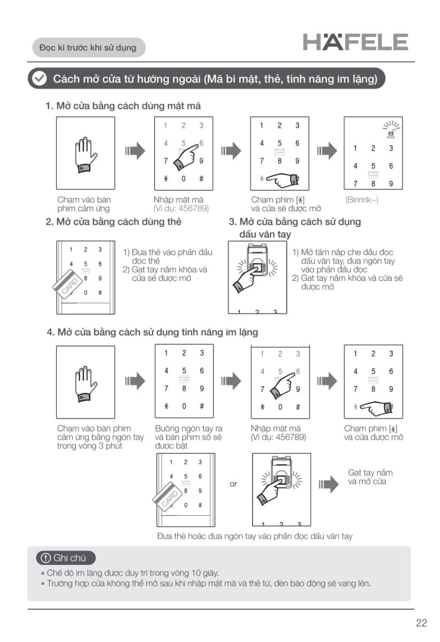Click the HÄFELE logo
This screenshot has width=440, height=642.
pyautogui.click(x=355, y=42)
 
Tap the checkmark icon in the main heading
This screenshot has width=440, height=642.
pyautogui.click(x=39, y=79)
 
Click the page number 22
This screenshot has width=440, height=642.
pyautogui.click(x=421, y=623)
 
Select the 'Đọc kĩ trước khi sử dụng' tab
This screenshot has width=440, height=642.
pyautogui.click(x=88, y=48)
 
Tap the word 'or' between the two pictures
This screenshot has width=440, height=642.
pyautogui.click(x=233, y=484)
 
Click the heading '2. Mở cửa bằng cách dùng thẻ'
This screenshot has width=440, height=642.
pyautogui.click(x=113, y=221)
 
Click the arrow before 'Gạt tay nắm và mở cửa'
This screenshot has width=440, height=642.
pyautogui.click(x=328, y=484)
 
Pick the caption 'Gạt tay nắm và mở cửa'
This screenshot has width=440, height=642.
pyautogui.click(x=370, y=477)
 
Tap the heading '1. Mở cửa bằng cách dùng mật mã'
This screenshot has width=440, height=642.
pyautogui.click(x=123, y=106)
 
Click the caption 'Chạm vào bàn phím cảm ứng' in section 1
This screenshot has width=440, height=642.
pyautogui.click(x=84, y=204)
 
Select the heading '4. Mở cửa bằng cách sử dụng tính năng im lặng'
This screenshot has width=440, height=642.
pyautogui.click(x=152, y=332)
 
